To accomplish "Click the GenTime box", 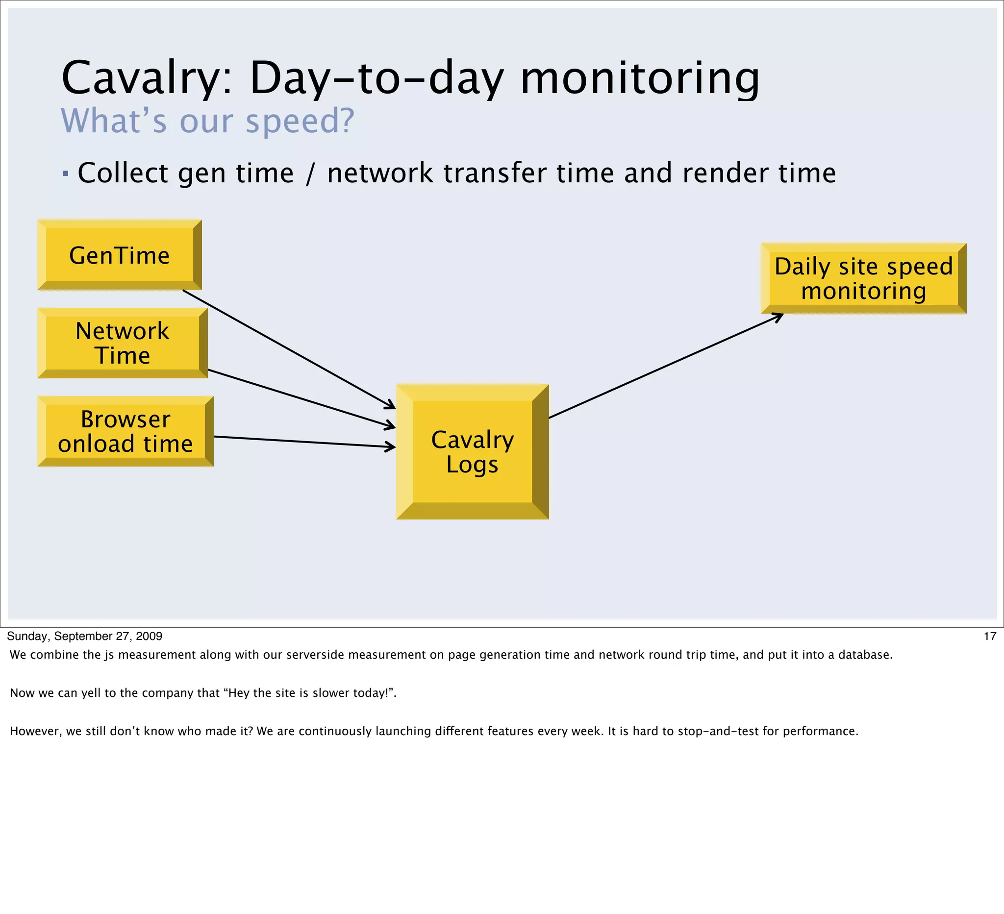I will (120, 255).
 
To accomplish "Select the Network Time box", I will (122, 343).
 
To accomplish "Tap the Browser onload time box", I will (125, 431).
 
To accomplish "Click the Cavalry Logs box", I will (472, 451).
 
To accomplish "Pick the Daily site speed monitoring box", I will (863, 278).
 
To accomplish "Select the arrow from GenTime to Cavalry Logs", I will (289, 349).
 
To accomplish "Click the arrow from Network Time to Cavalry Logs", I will (299, 398).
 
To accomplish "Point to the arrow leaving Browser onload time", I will (304, 442).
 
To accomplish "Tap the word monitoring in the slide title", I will (640, 78).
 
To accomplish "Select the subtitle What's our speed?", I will (207, 121).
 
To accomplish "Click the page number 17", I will (990, 636).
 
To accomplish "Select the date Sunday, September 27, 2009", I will (85, 636).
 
